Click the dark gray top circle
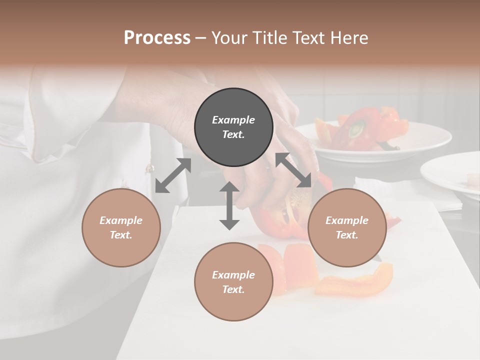click(x=233, y=127)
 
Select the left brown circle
click(x=121, y=227)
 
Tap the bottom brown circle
click(x=233, y=282)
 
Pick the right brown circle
click(x=347, y=227)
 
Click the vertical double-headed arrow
click(x=229, y=205)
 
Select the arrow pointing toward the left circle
click(x=173, y=175)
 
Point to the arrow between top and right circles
click(x=293, y=170)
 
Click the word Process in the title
click(x=157, y=37)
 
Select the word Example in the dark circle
click(x=233, y=120)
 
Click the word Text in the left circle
click(x=120, y=235)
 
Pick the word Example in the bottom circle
click(x=233, y=275)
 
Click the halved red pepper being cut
click(x=280, y=215)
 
